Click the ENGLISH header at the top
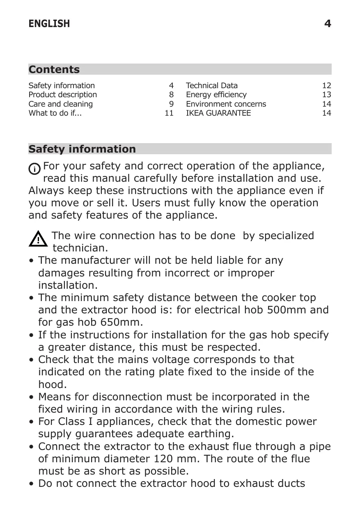(x=49, y=24)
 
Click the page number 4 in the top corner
(x=327, y=24)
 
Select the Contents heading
(x=54, y=69)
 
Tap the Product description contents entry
(x=62, y=95)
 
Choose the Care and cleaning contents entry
(x=60, y=104)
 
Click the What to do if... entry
(x=55, y=113)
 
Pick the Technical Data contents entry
(x=211, y=86)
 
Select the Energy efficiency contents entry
(x=216, y=95)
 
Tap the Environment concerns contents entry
(x=226, y=104)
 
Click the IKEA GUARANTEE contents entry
(x=218, y=113)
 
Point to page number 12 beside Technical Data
(x=326, y=86)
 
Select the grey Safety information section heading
(x=82, y=149)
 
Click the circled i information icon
(x=34, y=169)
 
